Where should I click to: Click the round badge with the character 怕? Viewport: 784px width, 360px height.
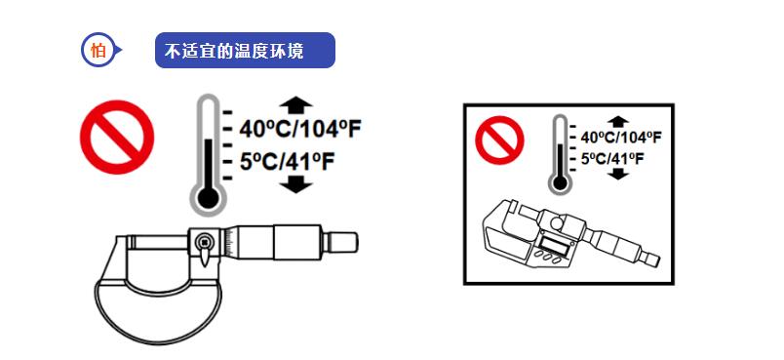tap(98, 51)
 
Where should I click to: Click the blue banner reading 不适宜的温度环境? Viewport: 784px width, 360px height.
tap(244, 51)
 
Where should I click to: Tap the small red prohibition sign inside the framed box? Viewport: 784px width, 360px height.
tap(499, 140)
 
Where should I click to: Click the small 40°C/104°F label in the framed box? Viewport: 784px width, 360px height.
tap(620, 137)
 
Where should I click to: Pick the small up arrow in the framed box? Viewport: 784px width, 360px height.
tap(616, 121)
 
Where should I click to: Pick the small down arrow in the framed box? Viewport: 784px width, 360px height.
tap(616, 174)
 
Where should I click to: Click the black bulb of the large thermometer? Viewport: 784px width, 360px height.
tap(206, 198)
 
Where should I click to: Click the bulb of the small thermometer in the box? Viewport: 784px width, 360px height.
tap(559, 180)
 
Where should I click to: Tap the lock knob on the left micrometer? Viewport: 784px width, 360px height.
tap(204, 243)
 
